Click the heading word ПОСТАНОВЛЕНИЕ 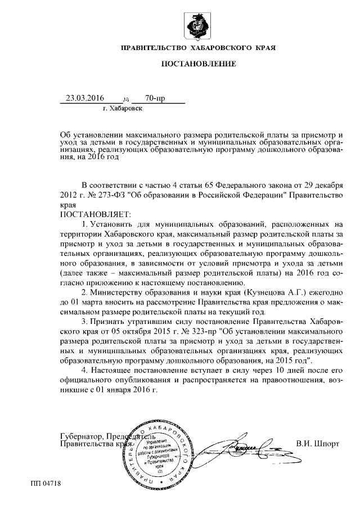[199, 65]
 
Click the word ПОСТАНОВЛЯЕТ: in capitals [94, 214]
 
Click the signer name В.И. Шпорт [318, 442]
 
